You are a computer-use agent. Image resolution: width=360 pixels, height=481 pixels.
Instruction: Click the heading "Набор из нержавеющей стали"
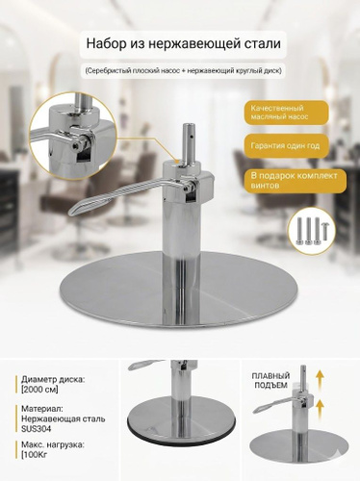click(183, 44)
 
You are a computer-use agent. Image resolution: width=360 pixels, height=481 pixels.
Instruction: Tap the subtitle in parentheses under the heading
click(183, 70)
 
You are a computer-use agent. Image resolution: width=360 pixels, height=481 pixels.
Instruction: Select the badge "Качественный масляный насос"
click(286, 113)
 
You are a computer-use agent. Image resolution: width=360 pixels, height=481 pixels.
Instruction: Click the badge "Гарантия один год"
click(285, 146)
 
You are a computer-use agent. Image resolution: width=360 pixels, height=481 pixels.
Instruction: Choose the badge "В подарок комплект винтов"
click(295, 181)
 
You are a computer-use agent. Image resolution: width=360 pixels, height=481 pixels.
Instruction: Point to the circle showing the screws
click(312, 230)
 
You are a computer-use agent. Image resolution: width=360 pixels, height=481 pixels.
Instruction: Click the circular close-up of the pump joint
click(72, 133)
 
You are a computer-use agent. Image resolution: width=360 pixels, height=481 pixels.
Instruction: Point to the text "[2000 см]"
click(39, 390)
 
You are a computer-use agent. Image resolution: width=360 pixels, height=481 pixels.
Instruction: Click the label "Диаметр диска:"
click(53, 380)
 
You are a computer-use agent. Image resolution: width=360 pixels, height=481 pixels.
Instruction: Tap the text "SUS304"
click(37, 429)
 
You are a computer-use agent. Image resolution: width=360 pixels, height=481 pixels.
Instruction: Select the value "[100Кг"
click(35, 454)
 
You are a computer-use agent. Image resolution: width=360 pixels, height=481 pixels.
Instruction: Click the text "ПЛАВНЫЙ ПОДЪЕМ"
click(270, 380)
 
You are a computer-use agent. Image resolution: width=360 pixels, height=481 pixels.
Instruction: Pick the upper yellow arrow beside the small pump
click(321, 376)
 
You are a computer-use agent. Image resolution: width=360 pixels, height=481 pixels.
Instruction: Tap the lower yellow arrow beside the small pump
click(321, 407)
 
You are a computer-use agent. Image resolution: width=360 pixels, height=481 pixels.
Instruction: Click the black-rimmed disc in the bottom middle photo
click(179, 424)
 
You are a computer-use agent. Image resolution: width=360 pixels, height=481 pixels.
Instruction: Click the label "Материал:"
click(42, 409)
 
